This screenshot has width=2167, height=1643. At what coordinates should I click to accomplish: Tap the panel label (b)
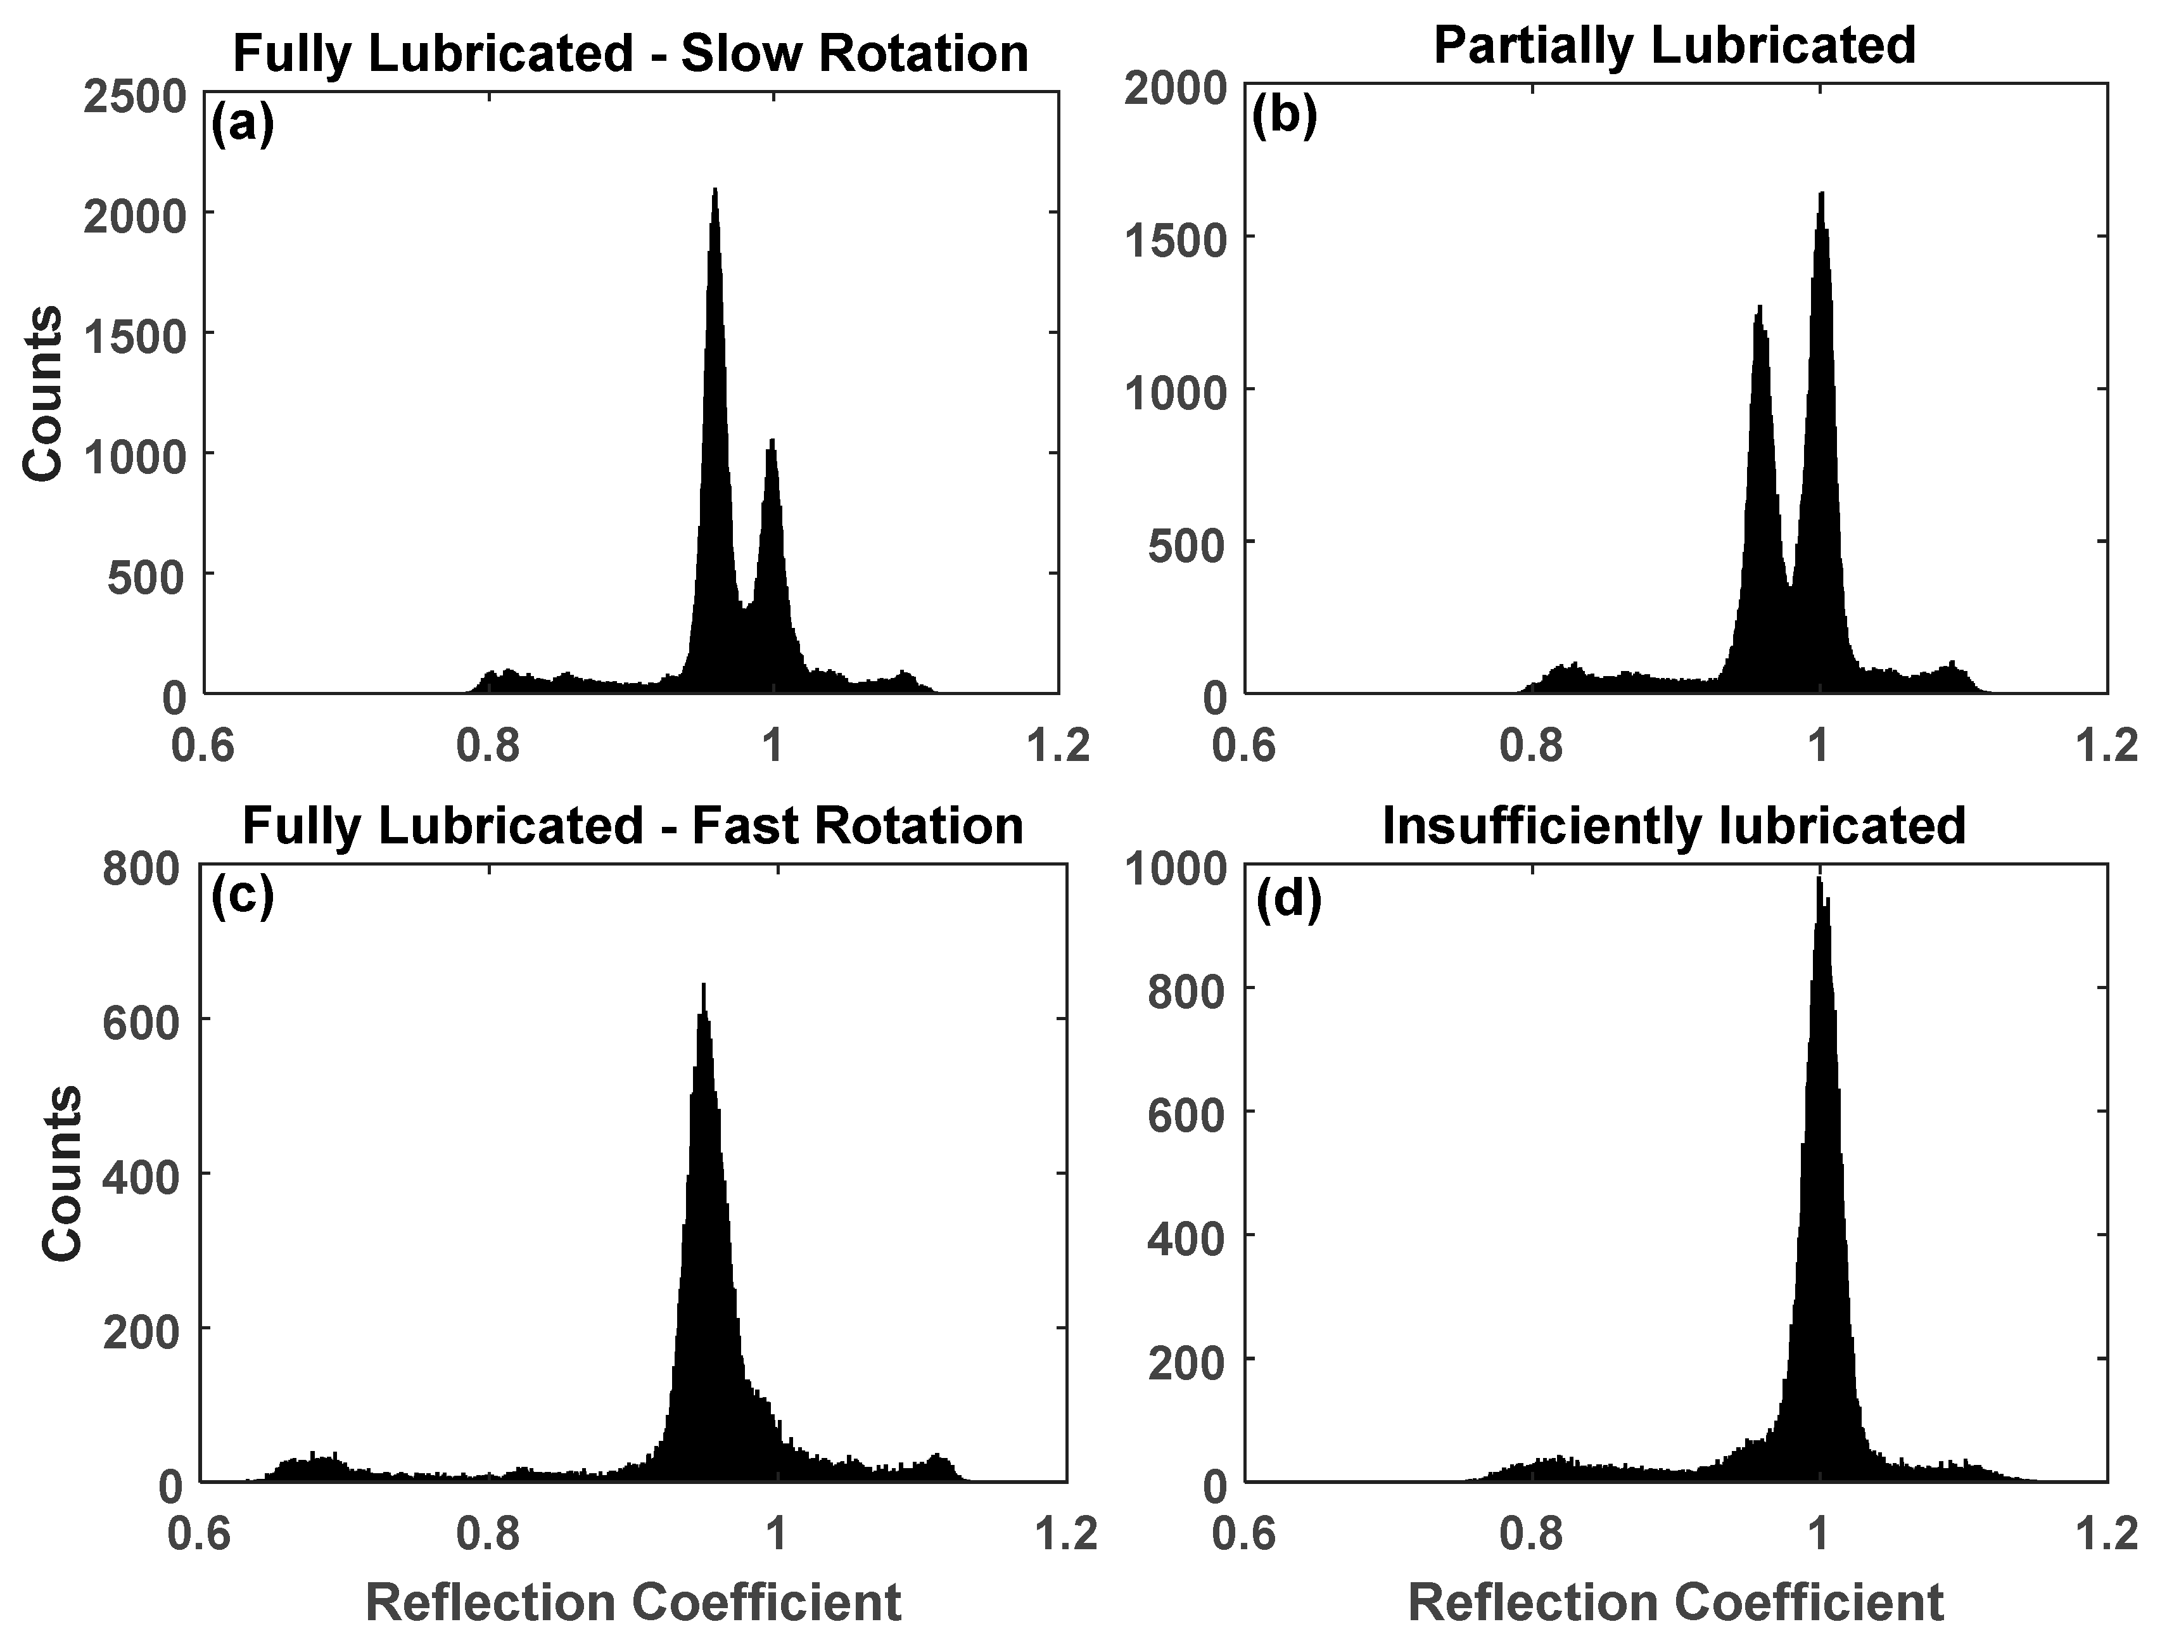pyautogui.click(x=1285, y=115)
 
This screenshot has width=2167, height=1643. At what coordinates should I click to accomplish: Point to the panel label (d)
pyautogui.click(x=1288, y=899)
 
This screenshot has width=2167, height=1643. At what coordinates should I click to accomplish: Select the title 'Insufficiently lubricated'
pyautogui.click(x=1674, y=825)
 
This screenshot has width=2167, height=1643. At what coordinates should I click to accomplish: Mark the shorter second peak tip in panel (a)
pyautogui.click(x=772, y=440)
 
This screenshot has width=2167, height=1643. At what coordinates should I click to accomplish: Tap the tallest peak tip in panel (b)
pyautogui.click(x=1821, y=193)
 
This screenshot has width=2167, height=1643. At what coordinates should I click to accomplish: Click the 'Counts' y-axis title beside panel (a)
pyautogui.click(x=43, y=394)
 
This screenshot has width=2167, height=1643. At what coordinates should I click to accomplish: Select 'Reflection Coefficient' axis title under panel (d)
pyautogui.click(x=1675, y=1603)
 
